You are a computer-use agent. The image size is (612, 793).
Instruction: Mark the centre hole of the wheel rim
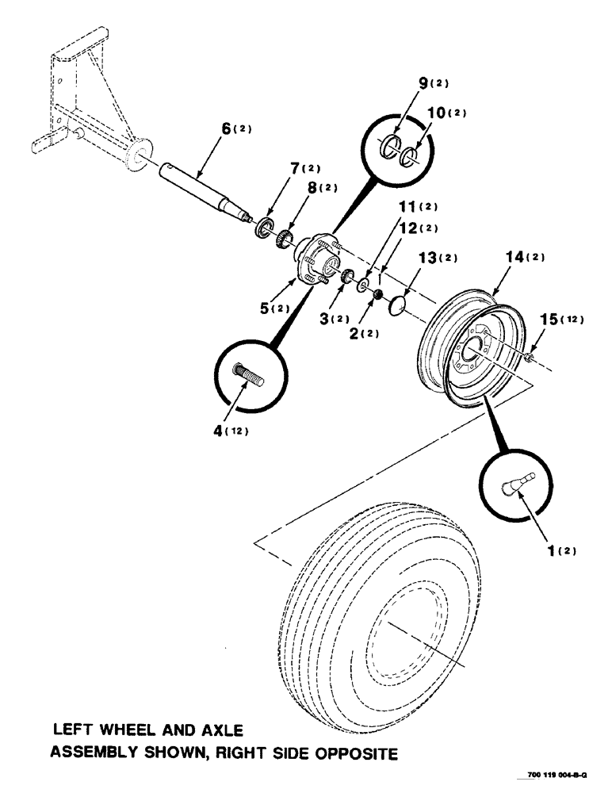(474, 348)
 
